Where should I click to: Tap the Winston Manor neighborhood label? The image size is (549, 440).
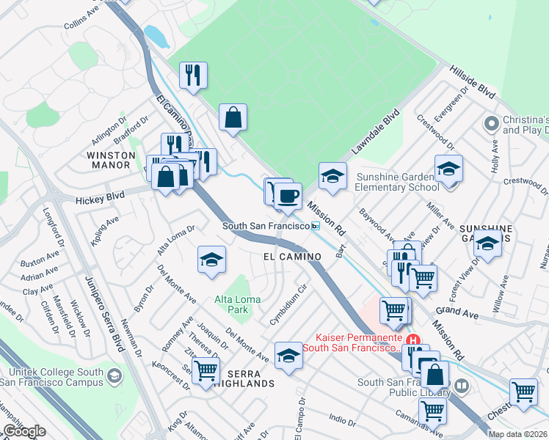(111, 161)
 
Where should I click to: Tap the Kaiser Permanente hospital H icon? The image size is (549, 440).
(414, 341)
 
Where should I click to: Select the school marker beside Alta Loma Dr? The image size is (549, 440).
(211, 260)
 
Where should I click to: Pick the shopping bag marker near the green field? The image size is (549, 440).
(233, 117)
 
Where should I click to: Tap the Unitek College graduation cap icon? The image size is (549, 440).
(114, 376)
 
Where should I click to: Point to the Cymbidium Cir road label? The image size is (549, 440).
(291, 313)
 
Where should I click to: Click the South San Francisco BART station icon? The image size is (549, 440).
(315, 227)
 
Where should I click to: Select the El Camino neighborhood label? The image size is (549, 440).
(293, 256)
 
